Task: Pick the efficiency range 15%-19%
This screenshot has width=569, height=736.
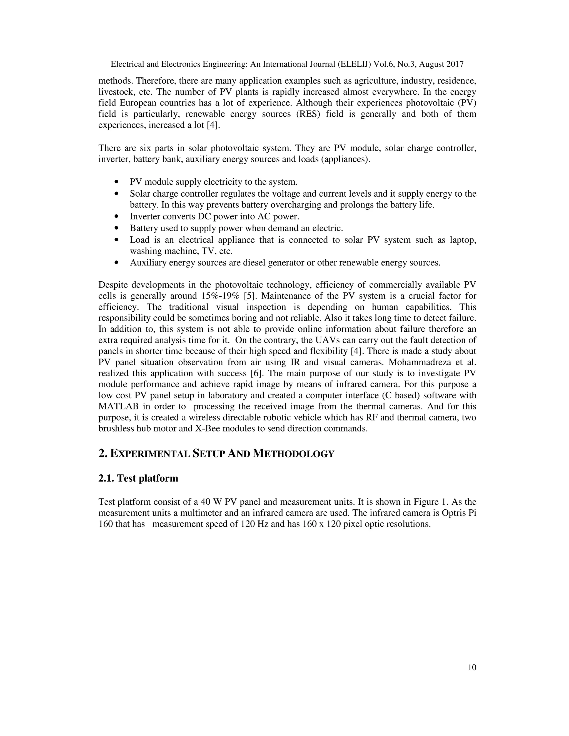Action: click(220, 296)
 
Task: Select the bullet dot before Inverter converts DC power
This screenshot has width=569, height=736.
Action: click(117, 217)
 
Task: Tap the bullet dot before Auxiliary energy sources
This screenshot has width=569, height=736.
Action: click(117, 263)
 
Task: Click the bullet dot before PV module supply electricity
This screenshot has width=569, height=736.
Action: click(117, 182)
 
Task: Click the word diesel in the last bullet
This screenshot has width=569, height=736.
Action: click(254, 262)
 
